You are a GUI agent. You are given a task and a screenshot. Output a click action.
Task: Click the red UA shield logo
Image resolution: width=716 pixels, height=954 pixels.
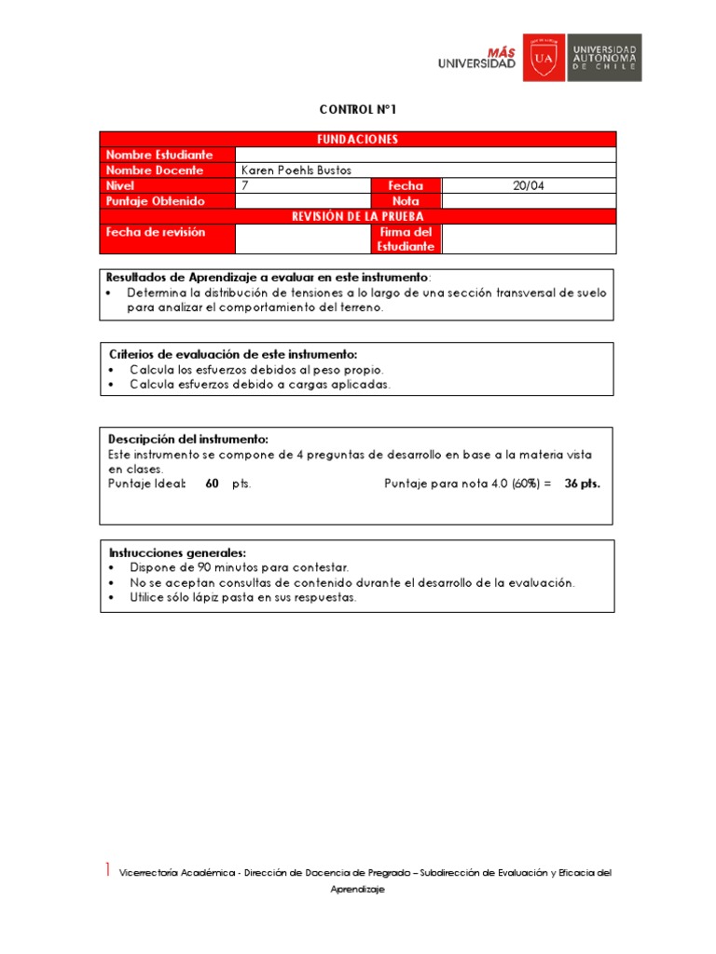coord(544,58)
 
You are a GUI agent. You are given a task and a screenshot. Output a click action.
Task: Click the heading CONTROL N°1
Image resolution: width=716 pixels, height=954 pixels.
coord(358,110)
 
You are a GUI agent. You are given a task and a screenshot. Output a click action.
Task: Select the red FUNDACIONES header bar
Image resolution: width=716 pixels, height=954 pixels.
coord(358,139)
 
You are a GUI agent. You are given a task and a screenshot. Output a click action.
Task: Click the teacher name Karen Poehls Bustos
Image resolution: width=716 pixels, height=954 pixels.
coord(296,170)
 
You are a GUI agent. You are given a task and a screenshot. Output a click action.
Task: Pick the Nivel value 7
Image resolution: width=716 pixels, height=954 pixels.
coord(245,185)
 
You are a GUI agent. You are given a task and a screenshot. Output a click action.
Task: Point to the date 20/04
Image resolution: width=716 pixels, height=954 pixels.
coord(528,185)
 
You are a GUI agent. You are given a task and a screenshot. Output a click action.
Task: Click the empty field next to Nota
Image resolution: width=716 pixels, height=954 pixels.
coord(528,200)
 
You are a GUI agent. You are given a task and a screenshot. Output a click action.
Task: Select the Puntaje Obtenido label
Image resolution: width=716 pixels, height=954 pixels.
coord(155,200)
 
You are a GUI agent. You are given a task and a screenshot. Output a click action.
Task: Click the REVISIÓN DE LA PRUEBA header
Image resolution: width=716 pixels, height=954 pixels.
coord(358,216)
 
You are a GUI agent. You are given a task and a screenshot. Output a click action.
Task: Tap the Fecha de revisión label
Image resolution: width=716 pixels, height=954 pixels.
coord(156,232)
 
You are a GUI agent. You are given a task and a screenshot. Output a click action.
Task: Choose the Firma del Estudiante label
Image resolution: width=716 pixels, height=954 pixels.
coord(405,238)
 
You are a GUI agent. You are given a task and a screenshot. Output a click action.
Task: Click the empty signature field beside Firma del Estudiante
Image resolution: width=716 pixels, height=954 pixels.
coord(528,238)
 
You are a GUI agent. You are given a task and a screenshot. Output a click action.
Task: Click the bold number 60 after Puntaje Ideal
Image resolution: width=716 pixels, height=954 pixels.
coord(212,484)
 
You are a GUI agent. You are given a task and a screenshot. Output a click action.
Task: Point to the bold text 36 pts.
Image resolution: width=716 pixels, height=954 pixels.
coord(583,484)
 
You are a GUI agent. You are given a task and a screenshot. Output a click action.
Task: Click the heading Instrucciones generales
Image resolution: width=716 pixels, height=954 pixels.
coord(177,552)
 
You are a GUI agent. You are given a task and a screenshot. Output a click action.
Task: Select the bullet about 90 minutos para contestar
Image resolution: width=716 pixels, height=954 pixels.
coord(240,566)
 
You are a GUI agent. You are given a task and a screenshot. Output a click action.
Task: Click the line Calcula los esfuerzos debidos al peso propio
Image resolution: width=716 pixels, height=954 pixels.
coord(256,370)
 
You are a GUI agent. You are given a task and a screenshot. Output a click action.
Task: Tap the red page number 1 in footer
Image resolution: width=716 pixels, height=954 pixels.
coord(107,870)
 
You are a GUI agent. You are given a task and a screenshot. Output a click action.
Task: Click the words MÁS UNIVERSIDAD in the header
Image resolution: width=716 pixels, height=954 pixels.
coord(476,58)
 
